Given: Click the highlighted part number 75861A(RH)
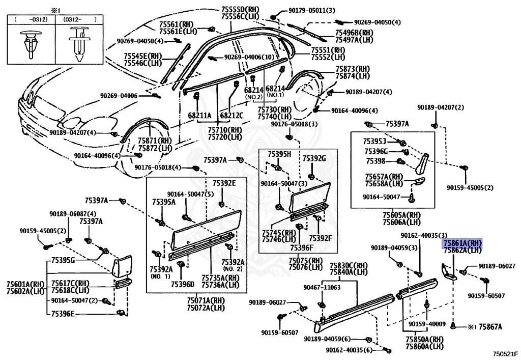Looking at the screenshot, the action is point(462,243).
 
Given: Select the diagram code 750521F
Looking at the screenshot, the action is point(505,354).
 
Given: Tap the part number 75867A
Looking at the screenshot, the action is point(490,327).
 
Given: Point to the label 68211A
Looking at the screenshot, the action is point(199,116).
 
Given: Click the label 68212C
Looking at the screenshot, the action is point(231,116).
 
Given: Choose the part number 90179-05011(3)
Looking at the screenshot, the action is point(312,11).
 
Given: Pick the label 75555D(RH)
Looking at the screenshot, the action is point(240,10).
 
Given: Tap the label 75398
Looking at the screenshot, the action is point(375,161).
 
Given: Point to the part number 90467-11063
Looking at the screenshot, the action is point(322,287).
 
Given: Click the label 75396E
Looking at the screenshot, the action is point(63,314).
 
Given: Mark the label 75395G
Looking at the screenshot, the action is point(63,260).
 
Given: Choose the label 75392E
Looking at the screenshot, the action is point(224,183).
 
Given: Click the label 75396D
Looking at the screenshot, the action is point(183,284).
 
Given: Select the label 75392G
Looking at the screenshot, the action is point(314,158).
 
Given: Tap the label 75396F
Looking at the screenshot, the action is point(302,247).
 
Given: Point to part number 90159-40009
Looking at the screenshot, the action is point(427,324).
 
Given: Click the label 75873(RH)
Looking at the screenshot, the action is point(352,69).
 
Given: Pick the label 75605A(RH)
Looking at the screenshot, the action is point(401,215).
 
